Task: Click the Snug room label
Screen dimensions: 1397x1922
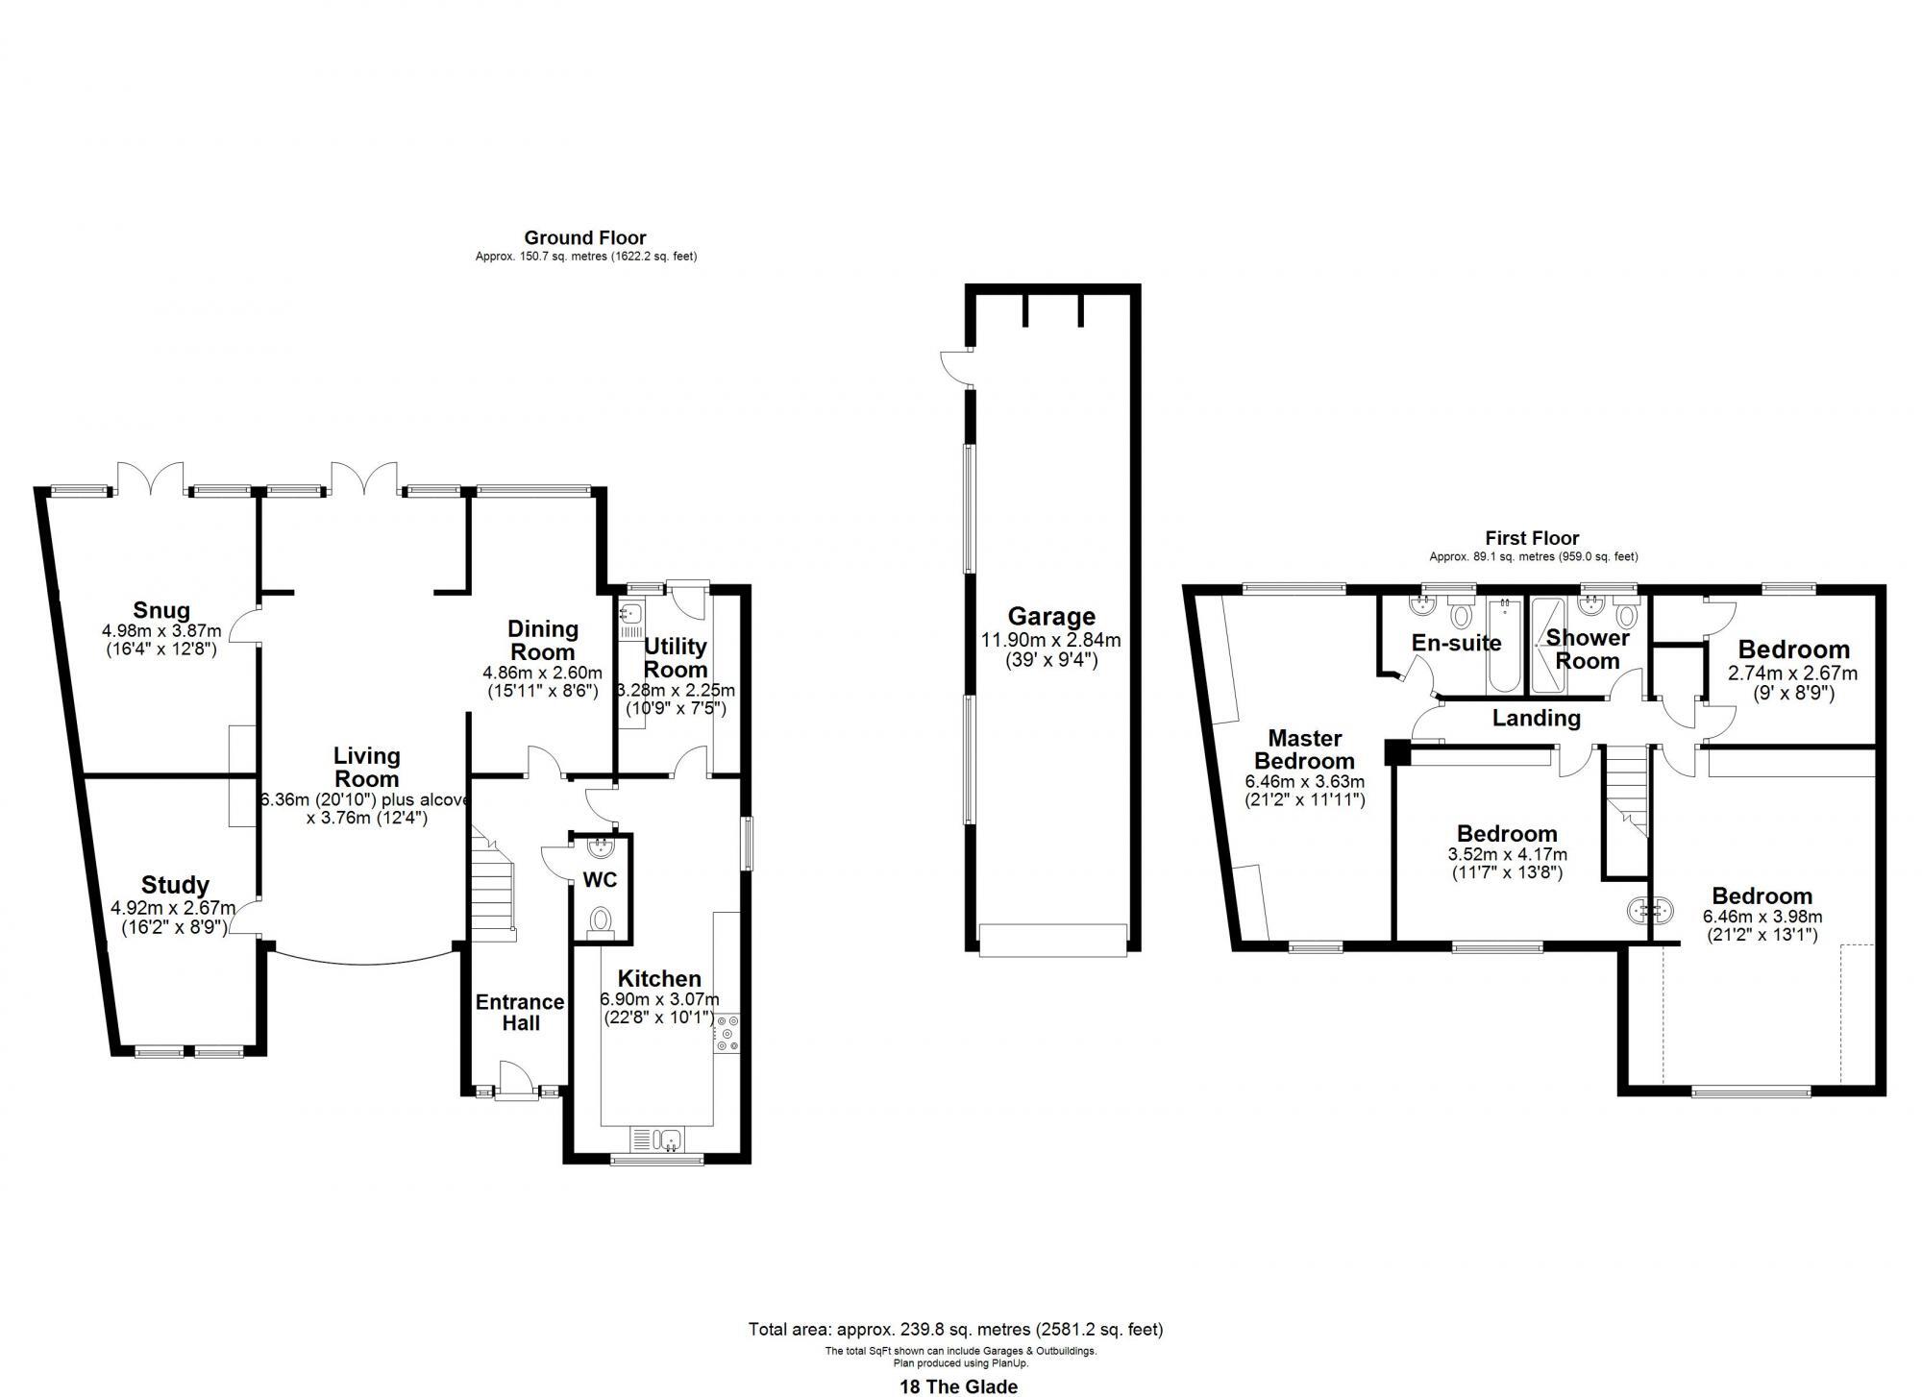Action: (161, 610)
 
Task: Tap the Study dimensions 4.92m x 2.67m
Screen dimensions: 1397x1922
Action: (173, 907)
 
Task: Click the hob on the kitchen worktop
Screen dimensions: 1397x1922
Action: (727, 1033)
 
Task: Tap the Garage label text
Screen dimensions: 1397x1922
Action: (1050, 617)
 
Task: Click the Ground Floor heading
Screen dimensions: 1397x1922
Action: (584, 237)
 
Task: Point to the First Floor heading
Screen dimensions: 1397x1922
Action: (1532, 538)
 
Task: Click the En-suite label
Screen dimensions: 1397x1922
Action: (1456, 643)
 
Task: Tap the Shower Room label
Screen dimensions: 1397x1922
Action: (1588, 649)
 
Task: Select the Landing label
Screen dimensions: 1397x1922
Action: (1536, 718)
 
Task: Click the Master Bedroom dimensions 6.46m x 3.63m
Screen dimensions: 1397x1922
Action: (1304, 782)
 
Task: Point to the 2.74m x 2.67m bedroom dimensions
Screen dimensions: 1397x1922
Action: (1792, 674)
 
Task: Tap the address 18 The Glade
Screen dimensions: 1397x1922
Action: (957, 1385)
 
